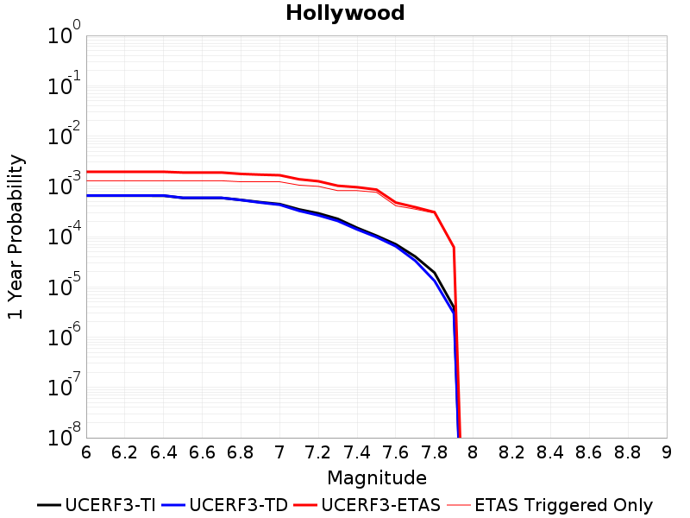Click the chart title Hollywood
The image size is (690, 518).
(x=345, y=13)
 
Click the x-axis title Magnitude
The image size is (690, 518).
(x=377, y=478)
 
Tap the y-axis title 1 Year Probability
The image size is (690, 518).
(x=16, y=237)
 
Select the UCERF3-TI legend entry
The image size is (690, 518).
(x=97, y=505)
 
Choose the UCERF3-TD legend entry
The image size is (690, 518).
(x=225, y=505)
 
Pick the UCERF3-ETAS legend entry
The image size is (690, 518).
(x=367, y=505)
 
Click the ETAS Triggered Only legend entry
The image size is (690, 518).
(x=550, y=505)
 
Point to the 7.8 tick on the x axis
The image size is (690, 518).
(x=435, y=452)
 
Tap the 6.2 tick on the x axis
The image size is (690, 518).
(x=124, y=452)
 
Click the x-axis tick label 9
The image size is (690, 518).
(x=667, y=452)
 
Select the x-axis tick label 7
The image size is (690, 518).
(x=279, y=452)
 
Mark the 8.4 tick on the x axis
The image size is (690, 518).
(x=550, y=452)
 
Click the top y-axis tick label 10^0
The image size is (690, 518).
(x=64, y=32)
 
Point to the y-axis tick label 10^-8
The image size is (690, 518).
(x=64, y=434)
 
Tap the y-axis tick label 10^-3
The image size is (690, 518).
(x=64, y=183)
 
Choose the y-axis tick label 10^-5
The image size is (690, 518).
(x=64, y=284)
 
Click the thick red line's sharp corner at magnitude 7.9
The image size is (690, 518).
(x=454, y=248)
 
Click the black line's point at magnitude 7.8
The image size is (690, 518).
(x=435, y=273)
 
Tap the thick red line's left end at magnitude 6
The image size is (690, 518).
(x=87, y=172)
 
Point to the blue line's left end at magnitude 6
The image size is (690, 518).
(x=87, y=196)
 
